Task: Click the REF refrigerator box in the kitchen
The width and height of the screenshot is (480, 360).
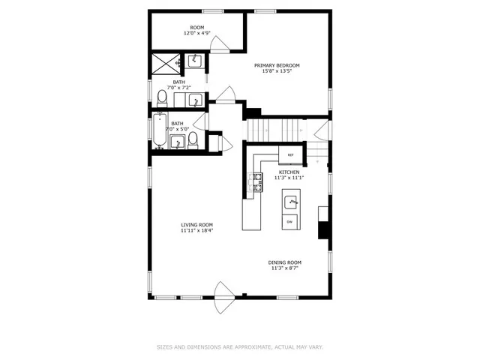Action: pos(289,156)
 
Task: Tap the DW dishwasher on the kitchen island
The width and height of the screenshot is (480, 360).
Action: pos(290,221)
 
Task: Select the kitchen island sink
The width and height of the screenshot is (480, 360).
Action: pos(291,202)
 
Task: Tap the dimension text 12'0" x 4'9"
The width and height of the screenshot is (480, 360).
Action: pos(197,34)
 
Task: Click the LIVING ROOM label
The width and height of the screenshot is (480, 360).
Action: pos(196,225)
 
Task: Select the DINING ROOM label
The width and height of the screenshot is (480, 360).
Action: pos(284,262)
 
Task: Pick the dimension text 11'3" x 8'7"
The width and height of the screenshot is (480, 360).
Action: pos(284,268)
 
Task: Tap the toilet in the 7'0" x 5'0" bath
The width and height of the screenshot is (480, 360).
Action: pos(193,138)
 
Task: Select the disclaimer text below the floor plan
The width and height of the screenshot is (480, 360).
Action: pos(240,346)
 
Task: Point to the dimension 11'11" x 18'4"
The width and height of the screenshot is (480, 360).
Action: pos(196,231)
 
